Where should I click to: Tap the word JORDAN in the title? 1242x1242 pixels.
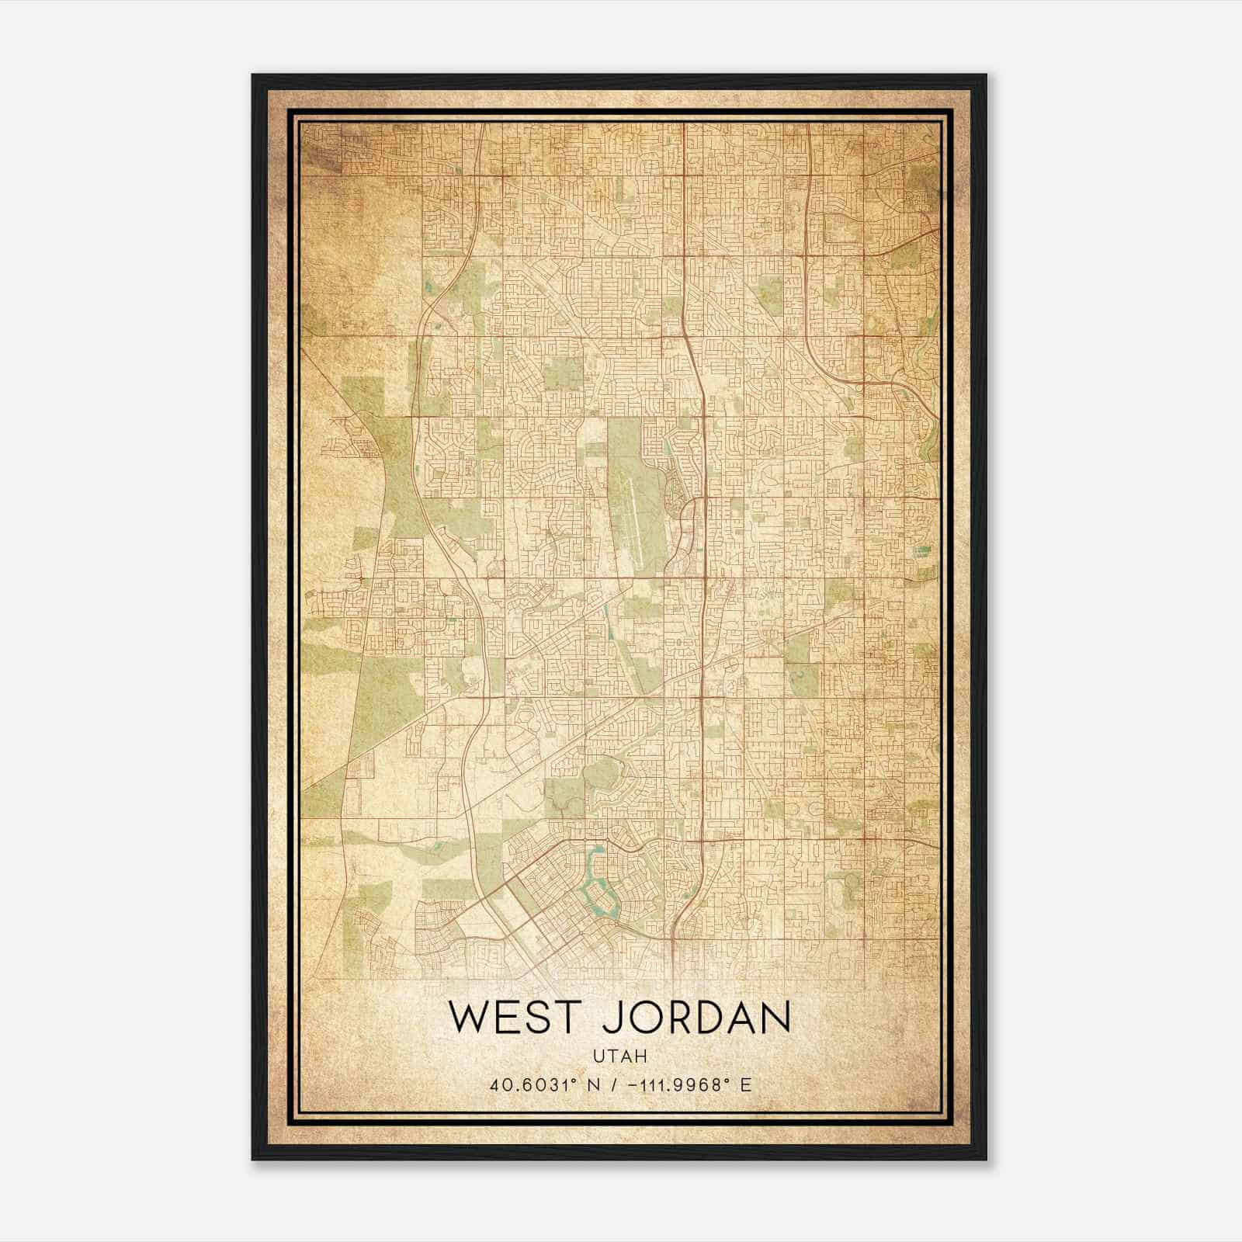point(696,1018)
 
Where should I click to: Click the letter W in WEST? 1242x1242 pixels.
point(469,1018)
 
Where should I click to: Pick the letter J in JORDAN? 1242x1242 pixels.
point(610,1018)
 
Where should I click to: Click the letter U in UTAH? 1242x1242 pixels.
point(598,1056)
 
